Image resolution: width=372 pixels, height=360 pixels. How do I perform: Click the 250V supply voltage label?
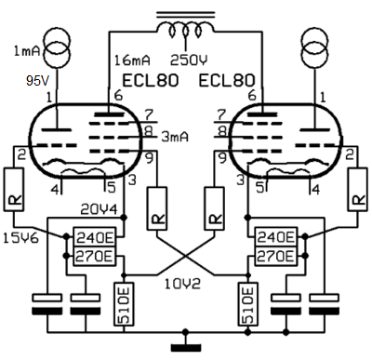(189, 60)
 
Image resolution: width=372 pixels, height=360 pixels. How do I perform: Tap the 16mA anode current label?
(132, 60)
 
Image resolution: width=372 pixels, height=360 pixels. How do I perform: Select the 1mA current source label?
(27, 50)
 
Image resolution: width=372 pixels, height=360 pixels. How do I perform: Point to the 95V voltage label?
(37, 81)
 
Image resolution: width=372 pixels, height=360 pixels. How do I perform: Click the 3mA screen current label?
(175, 137)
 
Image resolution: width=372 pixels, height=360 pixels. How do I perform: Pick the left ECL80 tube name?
(151, 81)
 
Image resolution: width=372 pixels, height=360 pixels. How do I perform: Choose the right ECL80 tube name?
(227, 81)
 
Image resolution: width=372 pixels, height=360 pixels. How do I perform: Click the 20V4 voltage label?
(100, 209)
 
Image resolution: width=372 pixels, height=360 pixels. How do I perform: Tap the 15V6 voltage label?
(21, 238)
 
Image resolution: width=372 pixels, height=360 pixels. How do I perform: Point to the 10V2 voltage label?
(182, 284)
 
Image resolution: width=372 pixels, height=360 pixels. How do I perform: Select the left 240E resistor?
(95, 238)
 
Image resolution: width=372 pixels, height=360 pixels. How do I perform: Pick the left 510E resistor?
(124, 304)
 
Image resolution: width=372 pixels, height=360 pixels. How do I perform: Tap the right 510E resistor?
(247, 304)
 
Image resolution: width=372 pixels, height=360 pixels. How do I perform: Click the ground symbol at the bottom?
(186, 346)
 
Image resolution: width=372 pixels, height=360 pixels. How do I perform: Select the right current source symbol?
(314, 47)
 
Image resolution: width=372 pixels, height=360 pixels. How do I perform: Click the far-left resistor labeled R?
(14, 190)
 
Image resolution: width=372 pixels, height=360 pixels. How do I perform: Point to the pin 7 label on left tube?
(150, 114)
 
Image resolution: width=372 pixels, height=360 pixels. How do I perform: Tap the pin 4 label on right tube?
(315, 189)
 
